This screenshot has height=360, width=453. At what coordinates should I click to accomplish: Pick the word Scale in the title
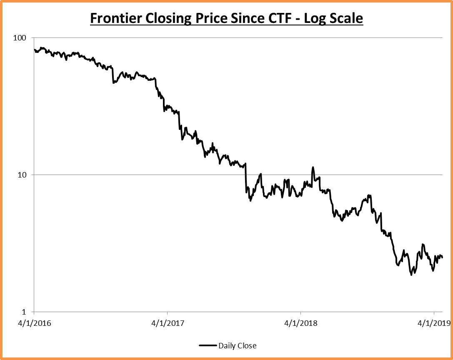[347, 19]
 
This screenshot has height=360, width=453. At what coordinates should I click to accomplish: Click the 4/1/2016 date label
[34, 323]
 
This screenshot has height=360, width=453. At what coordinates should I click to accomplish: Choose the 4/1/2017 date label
[167, 323]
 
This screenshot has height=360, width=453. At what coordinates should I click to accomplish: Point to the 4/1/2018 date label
[300, 323]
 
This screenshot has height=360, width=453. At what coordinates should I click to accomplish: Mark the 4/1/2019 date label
[433, 323]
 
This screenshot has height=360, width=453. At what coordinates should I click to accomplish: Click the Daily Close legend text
[238, 346]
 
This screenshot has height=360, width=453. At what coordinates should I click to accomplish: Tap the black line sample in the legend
[208, 346]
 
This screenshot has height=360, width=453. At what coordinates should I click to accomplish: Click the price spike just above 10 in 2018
[313, 167]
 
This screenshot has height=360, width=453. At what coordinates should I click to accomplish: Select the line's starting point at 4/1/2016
[35, 50]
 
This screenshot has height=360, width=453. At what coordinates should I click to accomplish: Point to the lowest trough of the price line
[411, 275]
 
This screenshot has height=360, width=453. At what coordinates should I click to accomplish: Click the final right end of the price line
[442, 257]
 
